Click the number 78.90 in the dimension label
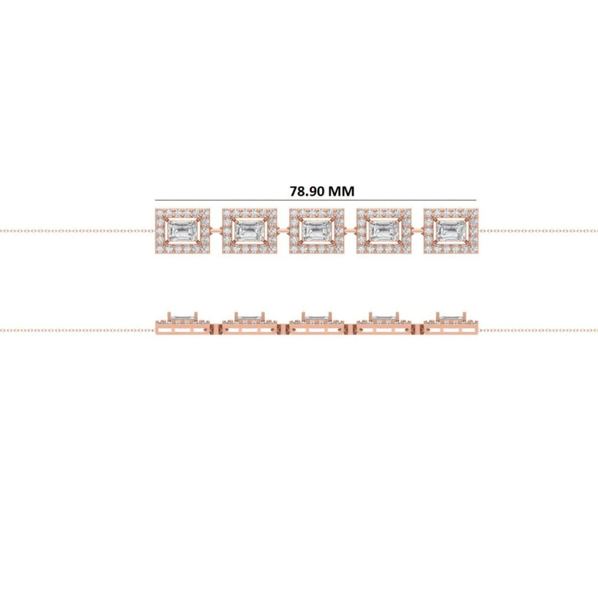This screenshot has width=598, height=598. (x=307, y=191)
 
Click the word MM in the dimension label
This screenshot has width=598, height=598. (x=342, y=191)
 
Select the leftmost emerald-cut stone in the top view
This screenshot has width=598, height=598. (x=182, y=230)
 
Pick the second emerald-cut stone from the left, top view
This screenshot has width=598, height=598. (x=249, y=230)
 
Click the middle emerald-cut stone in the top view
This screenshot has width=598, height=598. (x=316, y=230)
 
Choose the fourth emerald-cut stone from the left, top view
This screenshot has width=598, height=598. (x=383, y=230)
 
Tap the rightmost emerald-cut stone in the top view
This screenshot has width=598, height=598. (x=450, y=230)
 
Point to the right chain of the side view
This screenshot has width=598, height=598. (x=537, y=331)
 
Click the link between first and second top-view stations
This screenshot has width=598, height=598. (x=216, y=230)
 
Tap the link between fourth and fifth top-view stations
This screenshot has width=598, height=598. (x=417, y=230)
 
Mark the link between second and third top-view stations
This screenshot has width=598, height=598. (x=283, y=230)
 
